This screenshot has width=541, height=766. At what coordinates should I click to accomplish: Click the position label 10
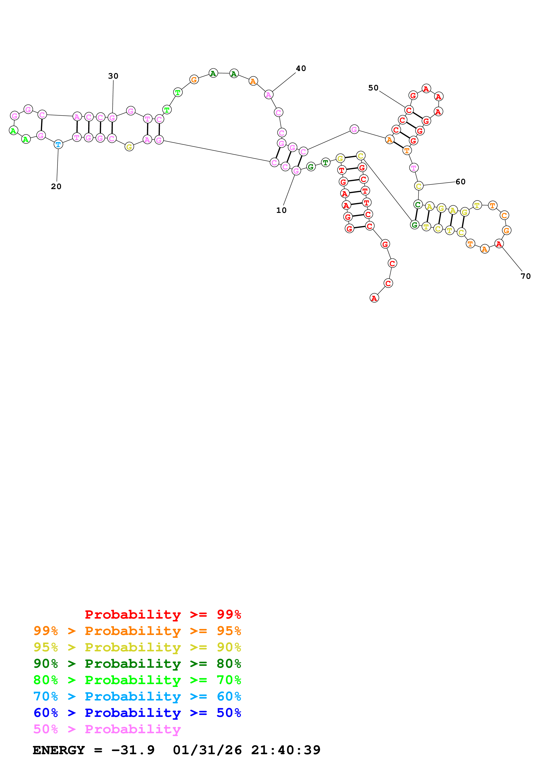click(281, 210)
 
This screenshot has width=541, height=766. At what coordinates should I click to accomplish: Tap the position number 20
click(56, 186)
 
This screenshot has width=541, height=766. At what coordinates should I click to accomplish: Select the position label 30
click(113, 76)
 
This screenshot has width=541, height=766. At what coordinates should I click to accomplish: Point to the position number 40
click(301, 68)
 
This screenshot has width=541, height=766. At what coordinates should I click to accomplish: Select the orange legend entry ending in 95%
click(137, 631)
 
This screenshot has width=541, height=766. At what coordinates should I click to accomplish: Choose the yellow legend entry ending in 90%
click(137, 647)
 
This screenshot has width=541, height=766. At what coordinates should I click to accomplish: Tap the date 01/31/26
click(207, 750)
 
